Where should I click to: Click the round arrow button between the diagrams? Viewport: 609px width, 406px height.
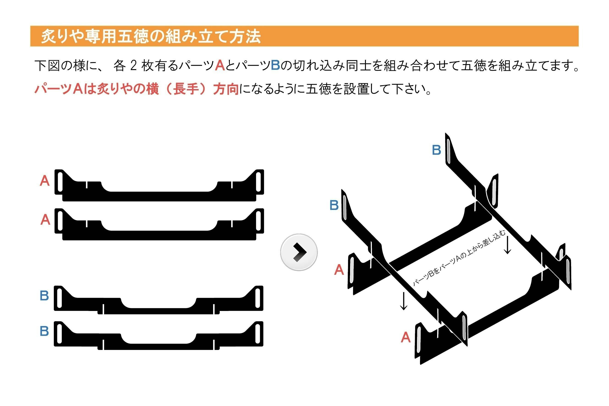tap(299, 252)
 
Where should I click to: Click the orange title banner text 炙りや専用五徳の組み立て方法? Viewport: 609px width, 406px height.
tap(151, 36)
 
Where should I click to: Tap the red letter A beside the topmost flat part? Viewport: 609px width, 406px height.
tap(44, 181)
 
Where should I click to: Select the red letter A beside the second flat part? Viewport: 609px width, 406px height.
tap(45, 220)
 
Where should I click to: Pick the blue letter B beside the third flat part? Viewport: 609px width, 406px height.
tap(44, 295)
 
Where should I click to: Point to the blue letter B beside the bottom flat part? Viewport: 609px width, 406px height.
tap(44, 331)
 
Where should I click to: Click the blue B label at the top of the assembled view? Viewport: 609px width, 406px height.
tap(436, 150)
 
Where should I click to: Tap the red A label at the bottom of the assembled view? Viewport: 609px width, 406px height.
tap(406, 337)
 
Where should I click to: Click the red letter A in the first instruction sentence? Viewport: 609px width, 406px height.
tap(220, 65)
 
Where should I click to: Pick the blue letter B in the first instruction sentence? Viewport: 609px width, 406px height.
tap(275, 65)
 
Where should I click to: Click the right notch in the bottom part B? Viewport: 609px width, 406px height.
tap(214, 344)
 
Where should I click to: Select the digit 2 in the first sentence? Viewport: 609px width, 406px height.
tap(133, 65)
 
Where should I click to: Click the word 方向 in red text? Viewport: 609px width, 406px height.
tap(226, 89)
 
